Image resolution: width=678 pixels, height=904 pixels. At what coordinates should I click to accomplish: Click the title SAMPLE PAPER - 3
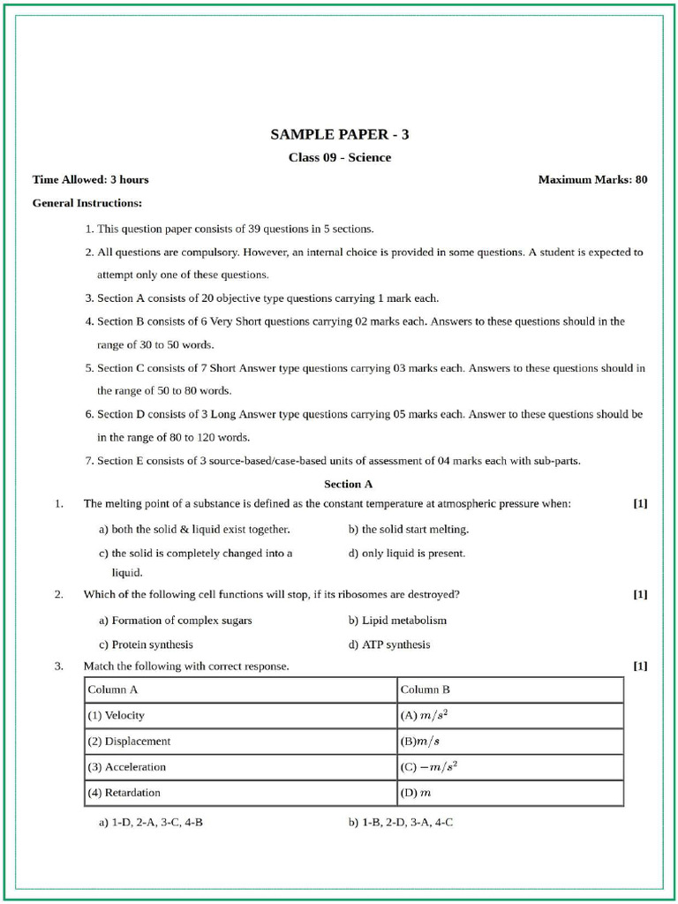(x=339, y=135)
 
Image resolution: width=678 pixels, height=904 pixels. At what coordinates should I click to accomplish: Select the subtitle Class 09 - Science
(x=339, y=158)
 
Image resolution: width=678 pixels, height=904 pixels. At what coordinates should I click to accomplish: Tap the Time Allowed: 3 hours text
(x=90, y=180)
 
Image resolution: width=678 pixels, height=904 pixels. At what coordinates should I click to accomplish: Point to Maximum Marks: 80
(x=592, y=180)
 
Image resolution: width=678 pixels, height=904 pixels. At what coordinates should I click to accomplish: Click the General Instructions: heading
(x=87, y=203)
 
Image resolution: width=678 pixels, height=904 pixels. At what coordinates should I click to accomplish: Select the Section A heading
(x=348, y=484)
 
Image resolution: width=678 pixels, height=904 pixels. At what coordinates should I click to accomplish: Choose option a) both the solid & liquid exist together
(x=194, y=530)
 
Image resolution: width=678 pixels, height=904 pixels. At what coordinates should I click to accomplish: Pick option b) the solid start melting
(x=408, y=530)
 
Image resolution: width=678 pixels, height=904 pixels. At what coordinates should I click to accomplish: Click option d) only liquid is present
(x=406, y=554)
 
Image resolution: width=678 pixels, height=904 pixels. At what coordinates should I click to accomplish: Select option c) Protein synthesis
(x=146, y=644)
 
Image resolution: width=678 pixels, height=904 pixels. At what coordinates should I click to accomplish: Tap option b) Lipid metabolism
(x=397, y=621)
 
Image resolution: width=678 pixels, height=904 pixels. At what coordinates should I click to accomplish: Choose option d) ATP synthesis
(x=389, y=644)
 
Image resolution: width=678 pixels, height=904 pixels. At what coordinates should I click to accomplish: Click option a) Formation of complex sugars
(x=176, y=621)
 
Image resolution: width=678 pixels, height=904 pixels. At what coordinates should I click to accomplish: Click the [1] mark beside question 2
(x=640, y=594)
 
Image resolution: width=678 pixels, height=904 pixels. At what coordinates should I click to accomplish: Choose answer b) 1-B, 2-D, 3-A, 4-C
(x=401, y=822)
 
